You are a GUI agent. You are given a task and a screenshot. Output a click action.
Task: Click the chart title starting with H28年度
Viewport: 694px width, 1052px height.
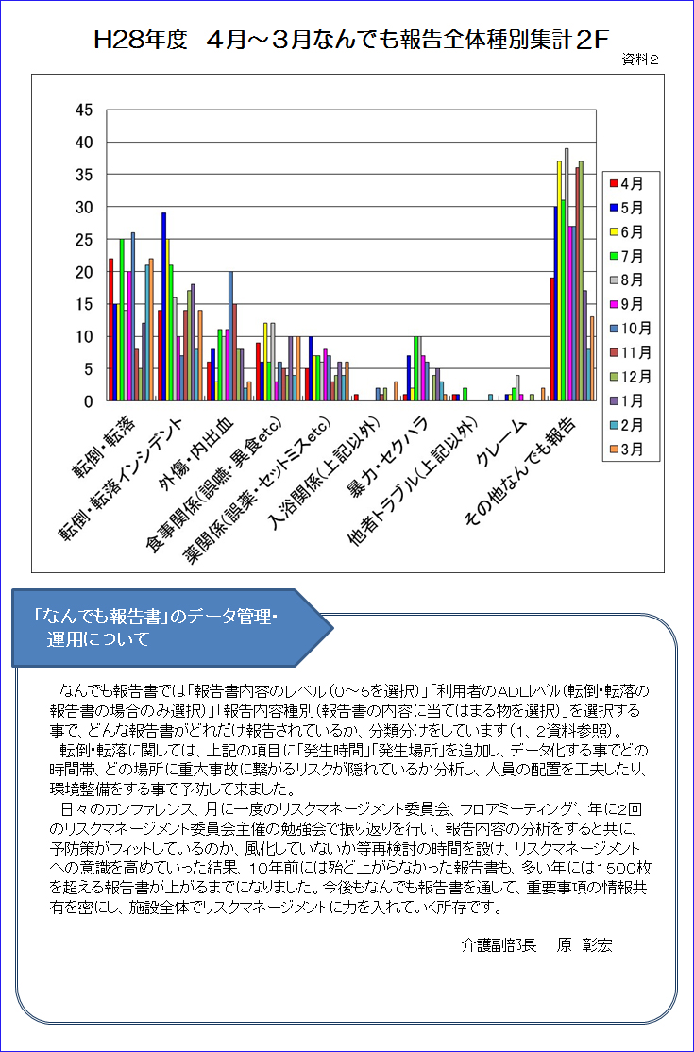click(x=352, y=41)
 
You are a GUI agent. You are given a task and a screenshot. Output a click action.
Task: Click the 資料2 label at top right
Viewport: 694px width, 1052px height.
click(x=641, y=59)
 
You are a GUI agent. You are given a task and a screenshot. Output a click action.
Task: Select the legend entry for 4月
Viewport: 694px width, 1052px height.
click(x=626, y=182)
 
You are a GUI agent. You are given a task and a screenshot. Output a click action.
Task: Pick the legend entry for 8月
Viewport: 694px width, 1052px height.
click(x=626, y=280)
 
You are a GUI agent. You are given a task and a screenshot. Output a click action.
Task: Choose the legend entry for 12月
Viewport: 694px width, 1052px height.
click(x=626, y=377)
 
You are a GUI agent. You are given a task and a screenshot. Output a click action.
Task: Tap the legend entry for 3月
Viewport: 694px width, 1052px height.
click(x=626, y=449)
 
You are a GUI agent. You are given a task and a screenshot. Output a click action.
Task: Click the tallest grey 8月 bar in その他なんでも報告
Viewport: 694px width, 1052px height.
click(x=567, y=275)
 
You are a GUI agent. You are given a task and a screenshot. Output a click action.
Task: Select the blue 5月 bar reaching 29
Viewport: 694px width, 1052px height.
click(x=163, y=307)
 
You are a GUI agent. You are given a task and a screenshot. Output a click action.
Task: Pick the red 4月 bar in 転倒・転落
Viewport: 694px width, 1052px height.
click(x=110, y=330)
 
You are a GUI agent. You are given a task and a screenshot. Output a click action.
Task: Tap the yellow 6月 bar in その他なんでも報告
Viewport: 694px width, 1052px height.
click(x=559, y=281)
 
